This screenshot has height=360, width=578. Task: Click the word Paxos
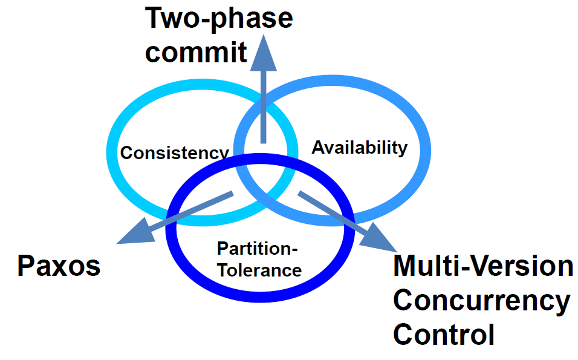click(58, 266)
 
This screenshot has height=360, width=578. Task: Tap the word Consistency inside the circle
click(174, 152)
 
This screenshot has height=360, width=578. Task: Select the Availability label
click(359, 147)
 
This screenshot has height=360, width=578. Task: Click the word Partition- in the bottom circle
click(258, 249)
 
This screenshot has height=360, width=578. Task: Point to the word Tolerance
click(259, 269)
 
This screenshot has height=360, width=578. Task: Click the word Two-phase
click(219, 19)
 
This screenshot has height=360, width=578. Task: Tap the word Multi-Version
click(483, 266)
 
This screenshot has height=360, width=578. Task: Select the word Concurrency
click(481, 301)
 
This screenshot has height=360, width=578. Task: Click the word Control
click(444, 335)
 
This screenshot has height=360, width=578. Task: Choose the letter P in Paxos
click(25, 266)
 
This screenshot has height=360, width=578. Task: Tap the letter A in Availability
click(317, 147)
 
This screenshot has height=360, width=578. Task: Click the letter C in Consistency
click(126, 152)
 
